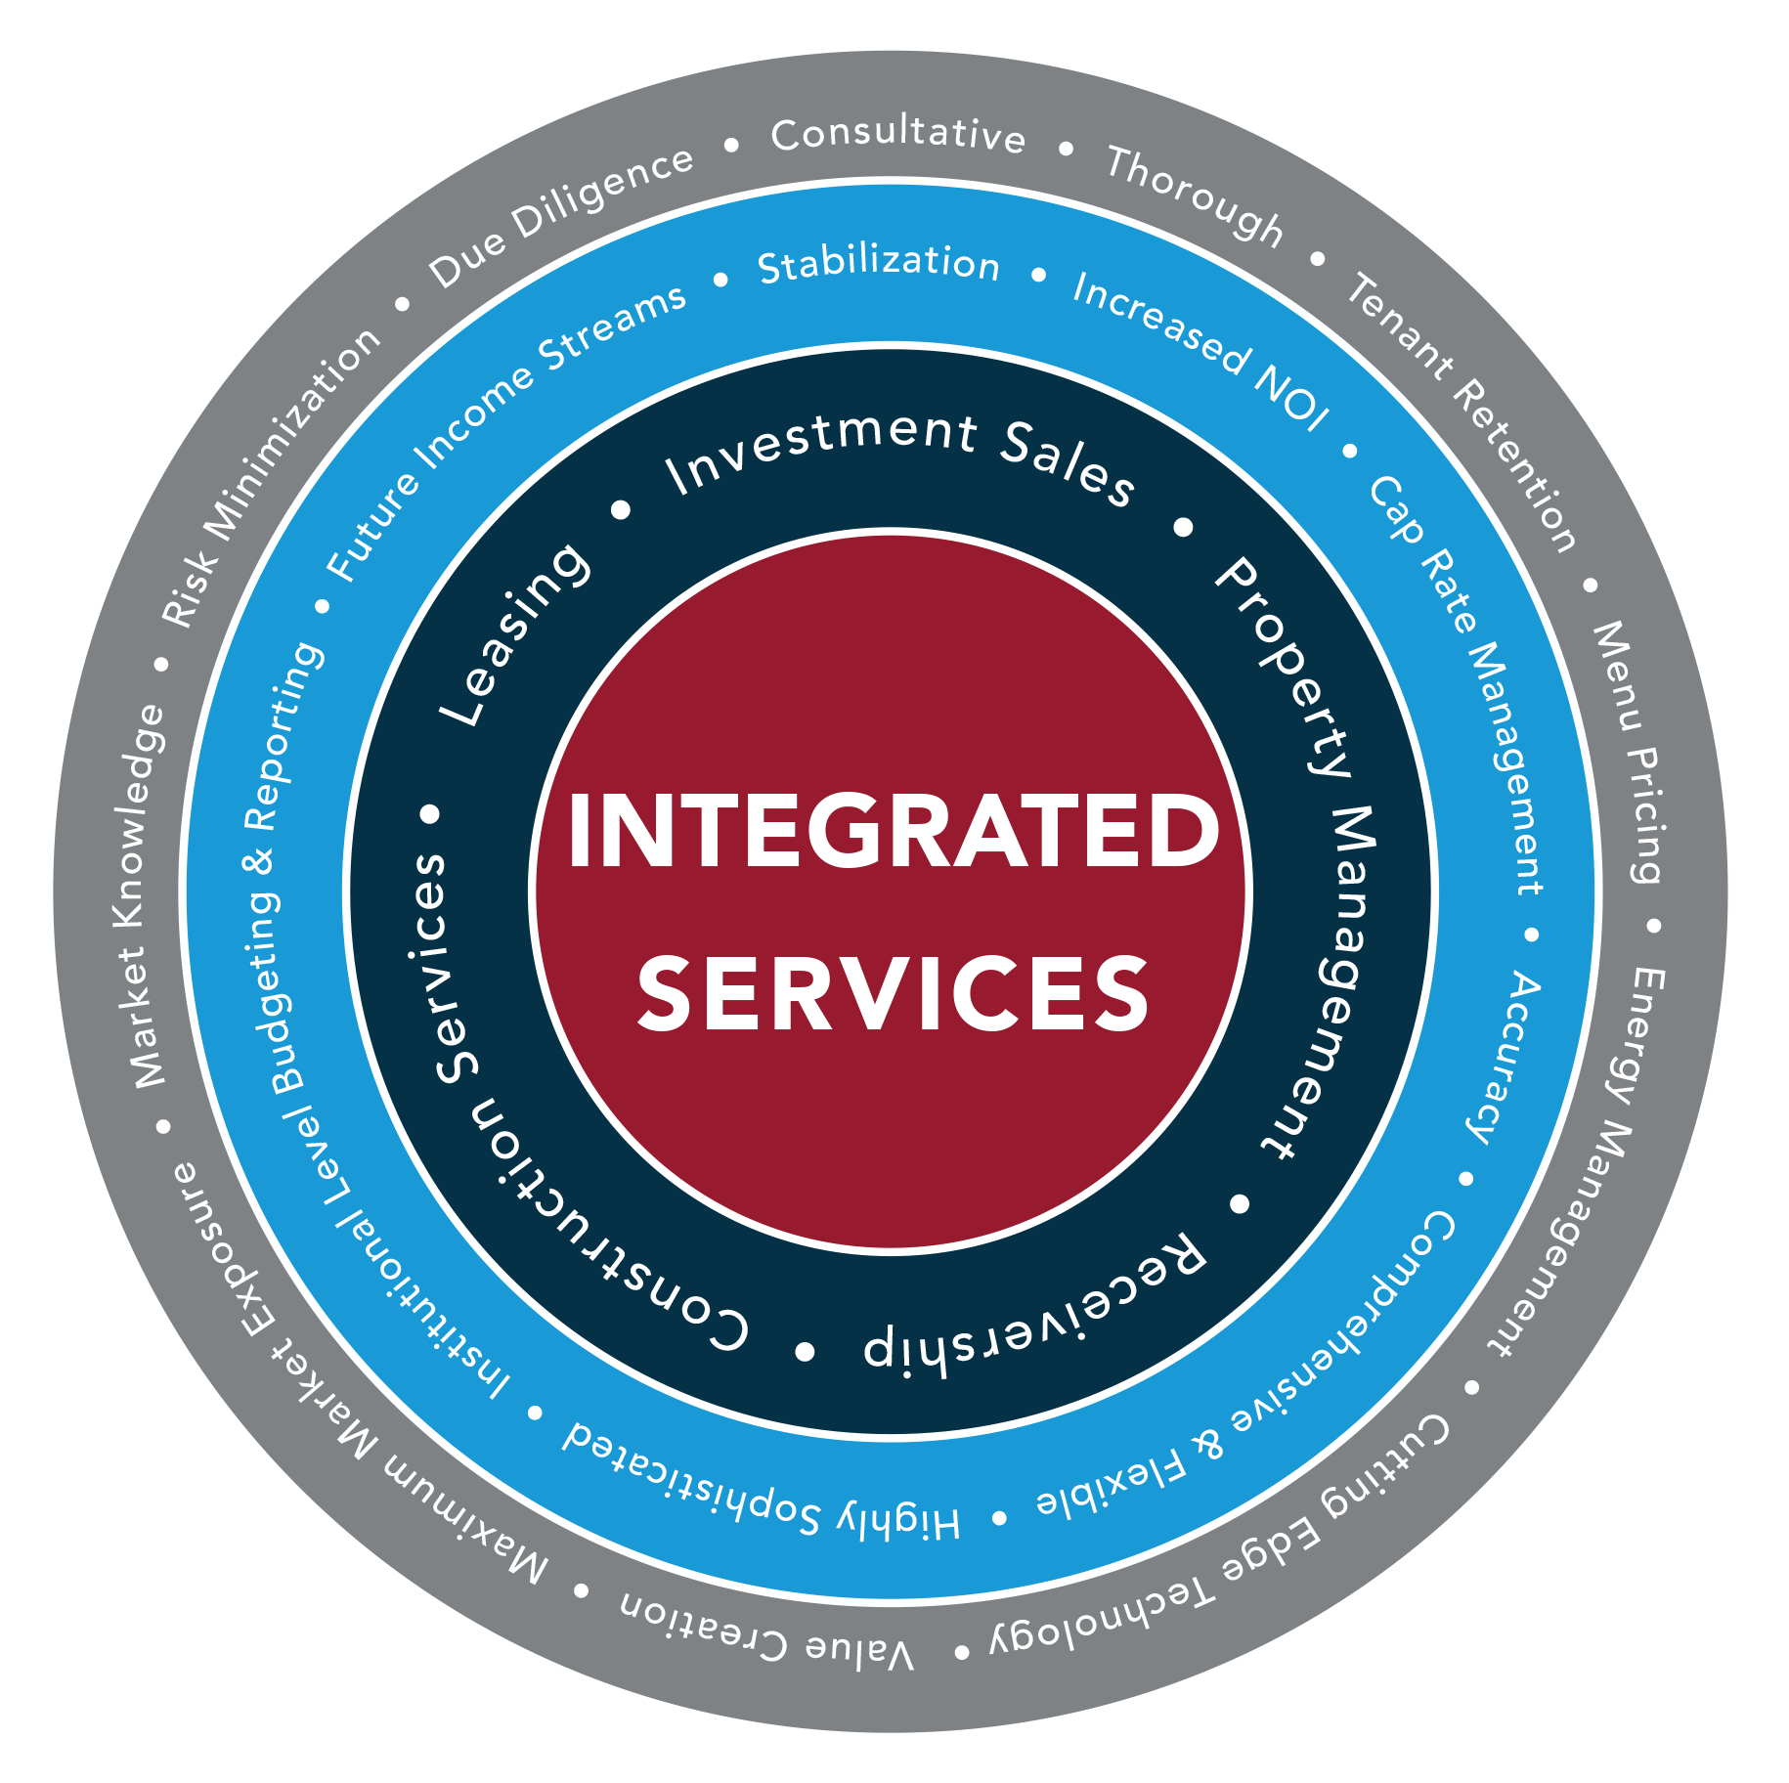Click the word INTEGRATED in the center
893,831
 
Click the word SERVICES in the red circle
893,994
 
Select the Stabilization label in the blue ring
879,265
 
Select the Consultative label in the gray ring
897,135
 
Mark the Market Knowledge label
138,895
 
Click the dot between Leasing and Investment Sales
621,509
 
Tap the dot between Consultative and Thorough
1066,149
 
